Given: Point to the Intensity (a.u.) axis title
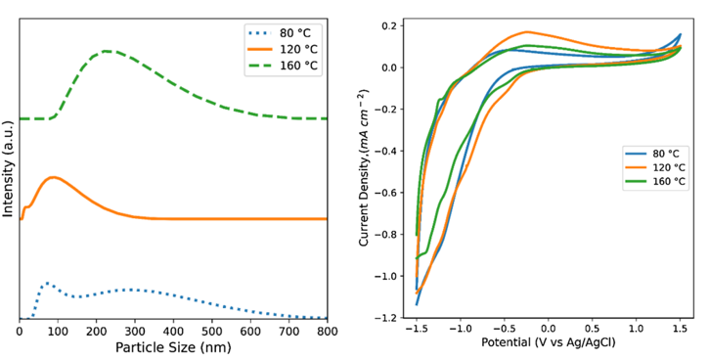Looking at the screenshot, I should point(9,166).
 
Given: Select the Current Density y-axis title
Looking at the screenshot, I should point(365,166).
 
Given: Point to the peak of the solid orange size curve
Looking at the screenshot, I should point(55,177).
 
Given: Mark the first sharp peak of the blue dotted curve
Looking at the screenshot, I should point(45,283).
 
